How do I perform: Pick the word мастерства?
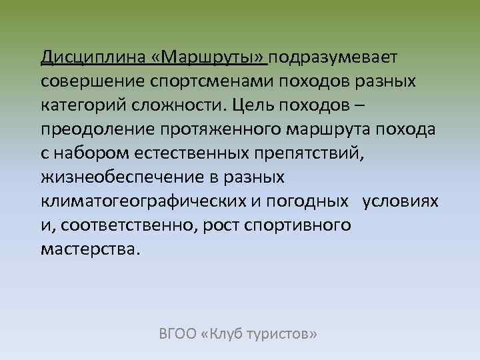[x=90, y=249]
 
